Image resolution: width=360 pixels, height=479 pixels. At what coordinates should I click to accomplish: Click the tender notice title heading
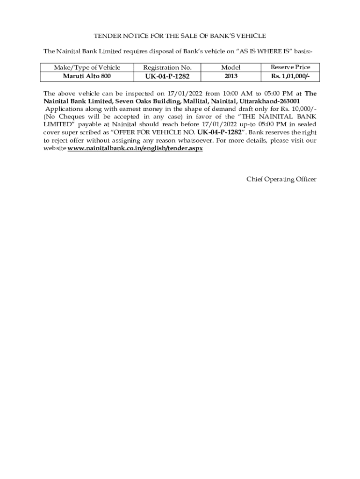point(180,36)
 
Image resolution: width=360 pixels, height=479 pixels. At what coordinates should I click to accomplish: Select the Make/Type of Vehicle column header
point(87,67)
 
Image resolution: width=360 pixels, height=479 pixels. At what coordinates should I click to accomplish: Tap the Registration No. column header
point(167,67)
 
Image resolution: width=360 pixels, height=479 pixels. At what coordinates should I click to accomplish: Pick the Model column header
point(231,67)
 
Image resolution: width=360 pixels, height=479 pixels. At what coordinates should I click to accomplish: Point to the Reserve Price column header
point(290,67)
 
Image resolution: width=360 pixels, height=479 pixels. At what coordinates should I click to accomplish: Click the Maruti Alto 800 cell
point(87,76)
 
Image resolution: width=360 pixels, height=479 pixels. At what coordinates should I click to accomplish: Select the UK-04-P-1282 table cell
point(167,76)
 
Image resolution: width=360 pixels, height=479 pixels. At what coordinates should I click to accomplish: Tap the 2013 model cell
point(231,76)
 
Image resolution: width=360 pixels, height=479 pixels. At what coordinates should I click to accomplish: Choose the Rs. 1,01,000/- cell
point(290,76)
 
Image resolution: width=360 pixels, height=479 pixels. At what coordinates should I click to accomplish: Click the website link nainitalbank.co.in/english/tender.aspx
point(135,148)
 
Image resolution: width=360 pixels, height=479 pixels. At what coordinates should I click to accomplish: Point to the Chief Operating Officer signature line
point(281,179)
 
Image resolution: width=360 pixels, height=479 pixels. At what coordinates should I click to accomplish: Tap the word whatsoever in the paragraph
point(194,140)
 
